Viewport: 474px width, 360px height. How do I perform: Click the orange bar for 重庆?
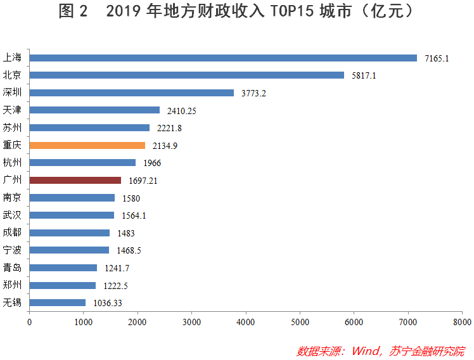point(87,145)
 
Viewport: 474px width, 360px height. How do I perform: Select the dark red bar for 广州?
point(75,180)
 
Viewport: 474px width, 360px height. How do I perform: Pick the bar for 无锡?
point(58,302)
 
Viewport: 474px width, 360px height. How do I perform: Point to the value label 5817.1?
point(364,75)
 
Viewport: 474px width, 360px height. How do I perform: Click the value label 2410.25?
point(182,110)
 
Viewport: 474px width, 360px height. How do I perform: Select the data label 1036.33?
point(107,303)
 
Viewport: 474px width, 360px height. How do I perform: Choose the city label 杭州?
point(13,162)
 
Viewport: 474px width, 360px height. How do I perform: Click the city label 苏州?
point(13,127)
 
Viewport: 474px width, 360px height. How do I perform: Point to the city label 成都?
point(13,233)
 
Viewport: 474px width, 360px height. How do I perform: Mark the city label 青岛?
point(13,267)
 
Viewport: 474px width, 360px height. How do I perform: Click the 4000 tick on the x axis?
point(246,322)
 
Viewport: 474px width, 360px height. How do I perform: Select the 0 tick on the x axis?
point(29,322)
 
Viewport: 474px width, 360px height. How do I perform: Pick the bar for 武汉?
point(72,215)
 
